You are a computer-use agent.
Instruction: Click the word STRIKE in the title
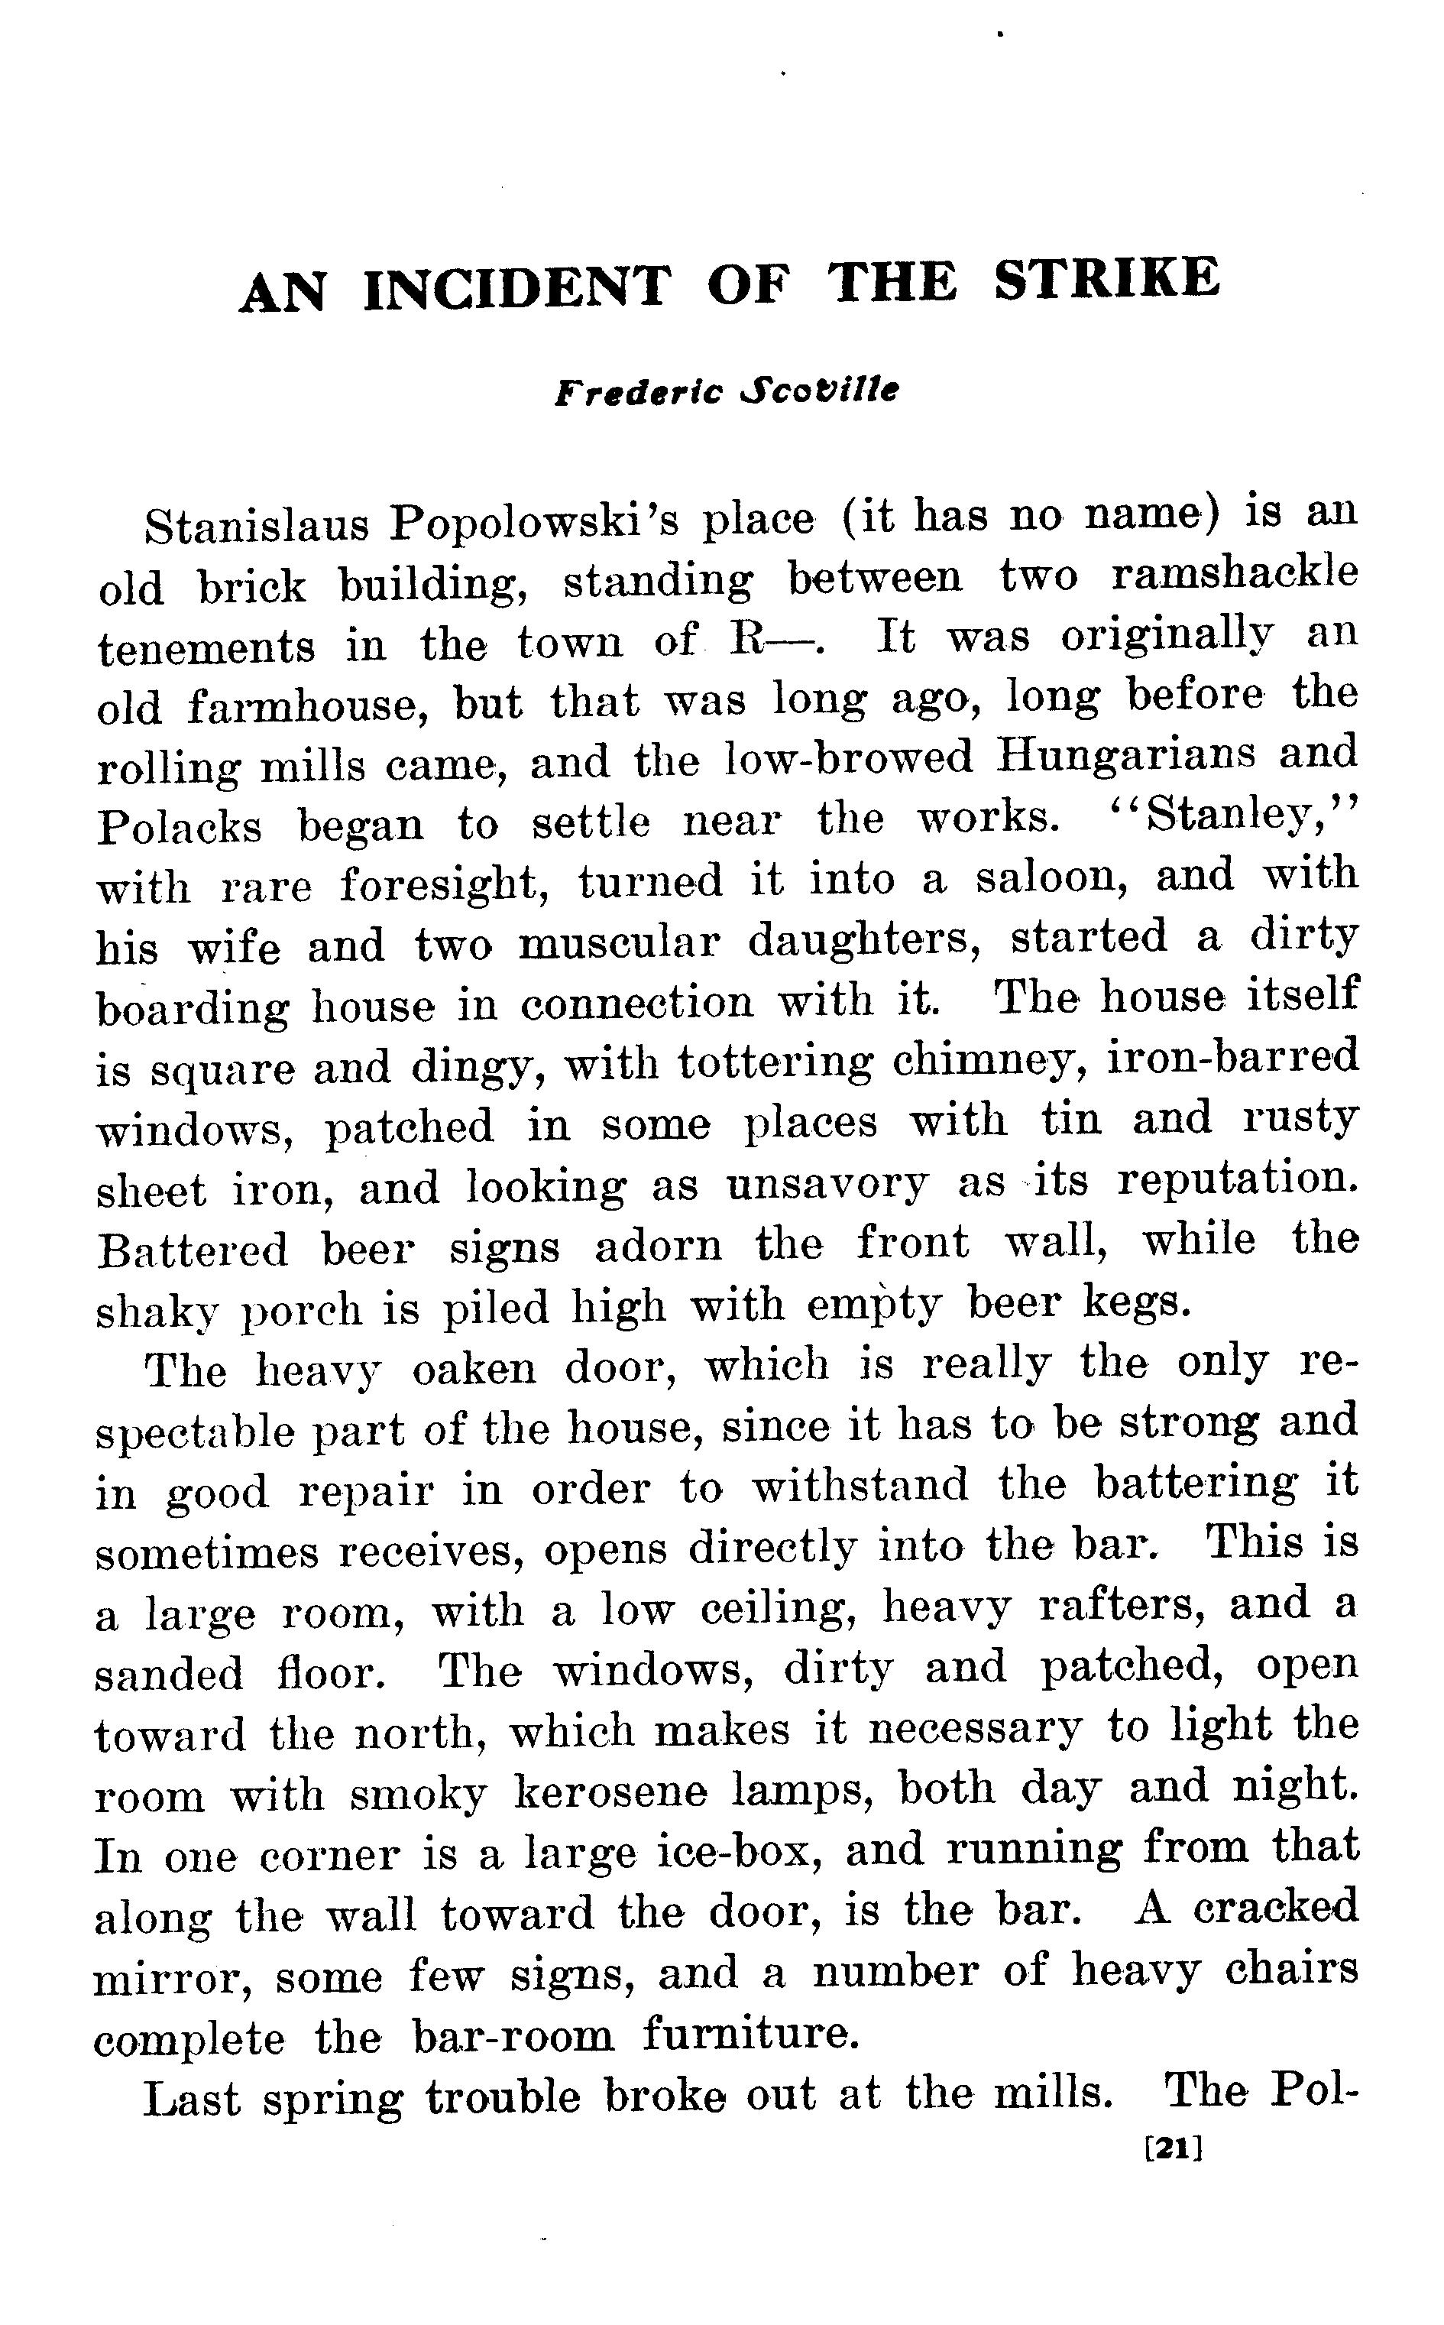[x=1106, y=279]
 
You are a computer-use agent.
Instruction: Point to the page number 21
[x=1170, y=2149]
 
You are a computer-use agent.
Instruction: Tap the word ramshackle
[x=1233, y=574]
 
